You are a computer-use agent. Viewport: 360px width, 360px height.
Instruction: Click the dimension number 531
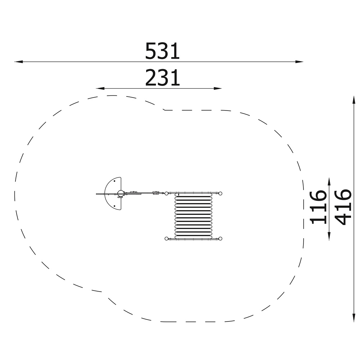pos(162,51)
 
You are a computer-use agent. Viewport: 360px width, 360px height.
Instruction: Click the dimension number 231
pos(162,78)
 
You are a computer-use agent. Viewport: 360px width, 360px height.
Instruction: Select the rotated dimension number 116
pos(318,207)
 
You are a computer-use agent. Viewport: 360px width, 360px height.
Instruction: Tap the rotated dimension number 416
pos(343,207)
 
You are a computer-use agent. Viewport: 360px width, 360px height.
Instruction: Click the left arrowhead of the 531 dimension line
pos(18,62)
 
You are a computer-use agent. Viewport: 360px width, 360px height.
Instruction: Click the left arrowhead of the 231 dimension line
pos(100,89)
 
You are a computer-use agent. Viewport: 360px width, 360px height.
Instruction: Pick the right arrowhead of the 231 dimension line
pos(218,89)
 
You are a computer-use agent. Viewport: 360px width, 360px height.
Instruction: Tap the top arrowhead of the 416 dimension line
pos(354,100)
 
